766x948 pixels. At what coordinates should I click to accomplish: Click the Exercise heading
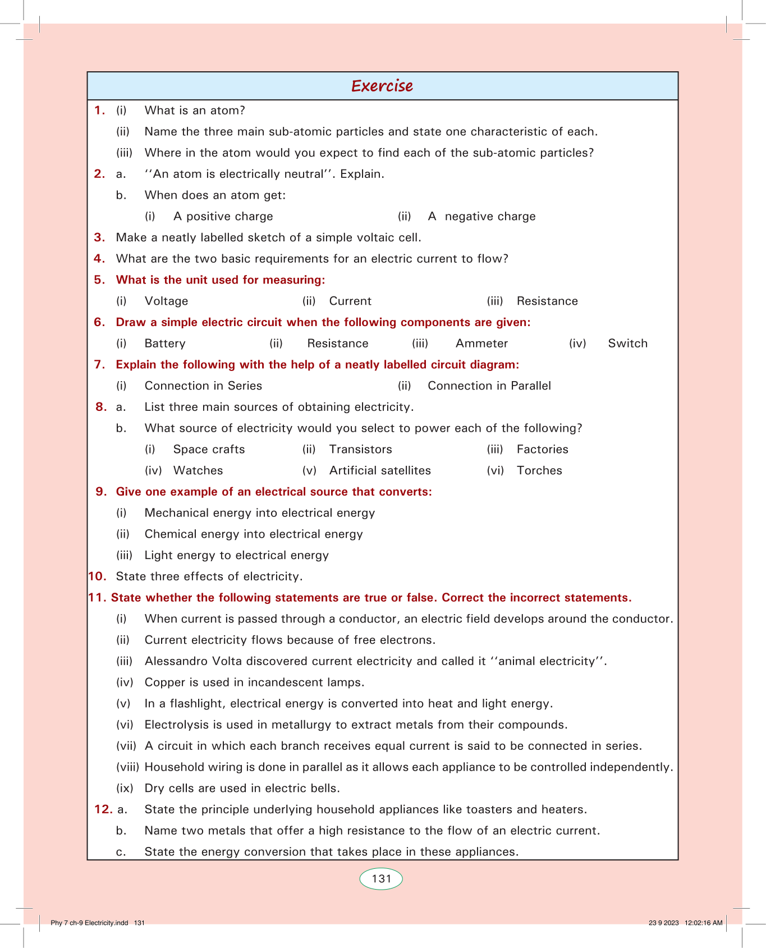click(382, 86)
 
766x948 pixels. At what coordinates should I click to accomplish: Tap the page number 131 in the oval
click(381, 879)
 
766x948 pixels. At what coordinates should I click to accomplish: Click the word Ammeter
click(481, 344)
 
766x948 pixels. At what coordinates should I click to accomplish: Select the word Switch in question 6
click(627, 344)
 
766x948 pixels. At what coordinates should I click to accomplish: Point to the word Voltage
click(166, 301)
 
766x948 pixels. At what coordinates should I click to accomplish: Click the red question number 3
click(99, 237)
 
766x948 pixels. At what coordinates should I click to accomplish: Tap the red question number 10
click(97, 576)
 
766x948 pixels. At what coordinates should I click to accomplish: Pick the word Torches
click(539, 471)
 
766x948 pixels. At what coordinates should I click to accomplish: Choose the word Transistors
click(360, 450)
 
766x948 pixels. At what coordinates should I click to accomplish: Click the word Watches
click(198, 471)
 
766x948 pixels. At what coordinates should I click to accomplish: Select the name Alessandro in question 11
click(176, 661)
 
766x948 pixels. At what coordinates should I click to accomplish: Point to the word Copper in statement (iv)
click(163, 683)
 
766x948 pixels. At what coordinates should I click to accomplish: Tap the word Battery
click(165, 344)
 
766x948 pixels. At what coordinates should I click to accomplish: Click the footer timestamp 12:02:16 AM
click(703, 923)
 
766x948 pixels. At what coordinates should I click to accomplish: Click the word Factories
click(542, 450)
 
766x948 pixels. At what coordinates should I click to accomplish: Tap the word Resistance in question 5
click(547, 301)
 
